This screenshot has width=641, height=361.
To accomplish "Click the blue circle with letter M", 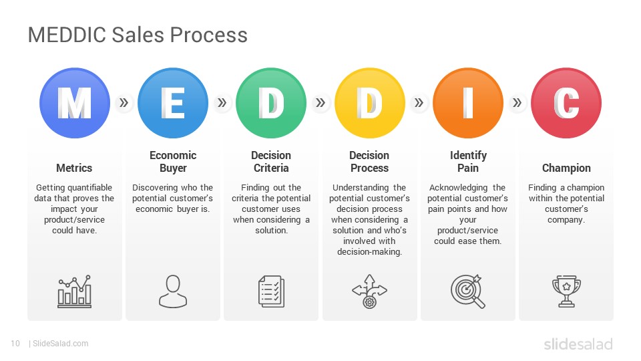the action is coord(75,103).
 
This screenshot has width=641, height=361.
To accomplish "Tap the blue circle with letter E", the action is coord(173,103).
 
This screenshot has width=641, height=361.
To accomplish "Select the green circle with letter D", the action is coord(271,103).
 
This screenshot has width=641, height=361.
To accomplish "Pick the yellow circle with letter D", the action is coord(369,103).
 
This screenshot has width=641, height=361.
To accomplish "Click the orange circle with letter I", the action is coord(467,103).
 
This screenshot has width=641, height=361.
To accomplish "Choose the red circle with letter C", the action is coord(566,103).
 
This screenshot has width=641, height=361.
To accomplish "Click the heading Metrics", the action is coord(74,168).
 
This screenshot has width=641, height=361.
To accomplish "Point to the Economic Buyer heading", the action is coord(173,162).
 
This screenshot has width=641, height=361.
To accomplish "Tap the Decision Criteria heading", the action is coord(271,162).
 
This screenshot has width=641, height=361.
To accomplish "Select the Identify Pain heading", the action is coord(468,162).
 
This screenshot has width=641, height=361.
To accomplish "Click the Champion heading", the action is coord(566,168).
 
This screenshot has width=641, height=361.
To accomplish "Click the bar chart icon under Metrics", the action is coord(74,291).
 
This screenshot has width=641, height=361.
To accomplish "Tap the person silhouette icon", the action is coord(173,291).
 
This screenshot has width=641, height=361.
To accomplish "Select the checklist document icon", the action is coord(271,291).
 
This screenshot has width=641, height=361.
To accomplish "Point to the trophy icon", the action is coord(566,291).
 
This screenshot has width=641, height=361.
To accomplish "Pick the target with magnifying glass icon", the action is coord(467,291).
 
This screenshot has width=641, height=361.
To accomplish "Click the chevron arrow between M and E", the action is coord(124,103).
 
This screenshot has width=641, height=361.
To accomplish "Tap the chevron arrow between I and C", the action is coord(517,103).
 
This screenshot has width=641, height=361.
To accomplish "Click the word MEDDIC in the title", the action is coord(67,35).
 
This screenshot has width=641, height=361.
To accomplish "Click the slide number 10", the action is coord(15,344).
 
